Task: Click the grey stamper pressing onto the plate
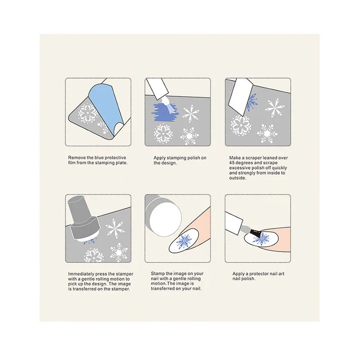point(83,219)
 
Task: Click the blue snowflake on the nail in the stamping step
point(185,242)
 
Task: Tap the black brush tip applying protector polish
point(255,233)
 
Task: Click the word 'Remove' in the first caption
point(76,158)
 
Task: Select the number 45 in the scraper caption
point(232,163)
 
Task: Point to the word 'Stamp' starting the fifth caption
point(157,274)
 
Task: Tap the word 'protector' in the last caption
point(260,274)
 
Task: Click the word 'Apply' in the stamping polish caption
point(160,158)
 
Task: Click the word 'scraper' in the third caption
point(254,158)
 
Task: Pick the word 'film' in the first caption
point(72,163)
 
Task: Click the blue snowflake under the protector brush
point(261,239)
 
